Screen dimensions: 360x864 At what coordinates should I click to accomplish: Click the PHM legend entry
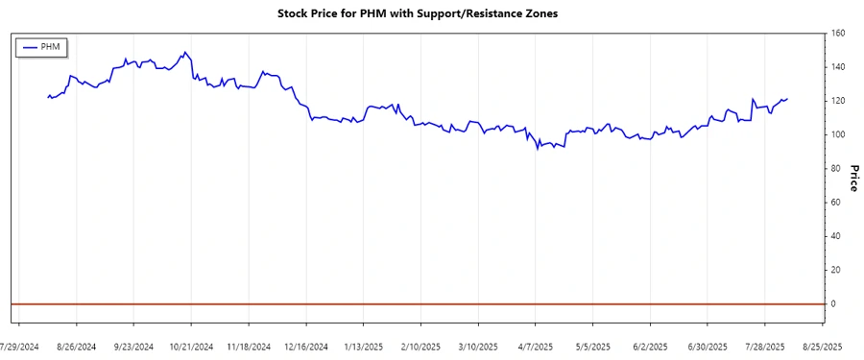(x=41, y=47)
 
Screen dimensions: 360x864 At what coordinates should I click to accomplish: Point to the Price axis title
(x=851, y=178)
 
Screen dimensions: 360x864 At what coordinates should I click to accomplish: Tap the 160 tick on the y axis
(x=837, y=34)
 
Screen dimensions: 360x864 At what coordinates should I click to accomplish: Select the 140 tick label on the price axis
(x=837, y=67)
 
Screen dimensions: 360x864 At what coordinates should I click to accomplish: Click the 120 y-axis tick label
(x=837, y=101)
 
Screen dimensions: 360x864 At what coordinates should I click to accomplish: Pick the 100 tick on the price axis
(x=837, y=134)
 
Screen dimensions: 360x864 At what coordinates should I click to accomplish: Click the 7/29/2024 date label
(x=19, y=347)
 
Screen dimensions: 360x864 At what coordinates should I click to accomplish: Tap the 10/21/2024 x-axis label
(x=191, y=347)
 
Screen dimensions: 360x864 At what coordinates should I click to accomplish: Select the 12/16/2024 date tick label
(x=305, y=347)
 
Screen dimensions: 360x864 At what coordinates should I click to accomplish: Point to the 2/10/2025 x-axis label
(x=420, y=347)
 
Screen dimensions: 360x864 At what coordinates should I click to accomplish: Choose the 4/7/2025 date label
(x=535, y=347)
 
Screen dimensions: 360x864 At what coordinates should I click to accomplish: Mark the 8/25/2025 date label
(x=822, y=347)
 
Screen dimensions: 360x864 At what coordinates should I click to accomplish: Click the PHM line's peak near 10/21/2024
(x=184, y=52)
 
